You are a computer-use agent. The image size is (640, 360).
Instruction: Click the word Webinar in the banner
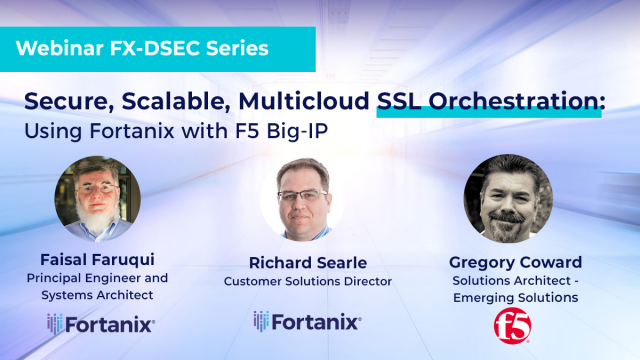pos(61,47)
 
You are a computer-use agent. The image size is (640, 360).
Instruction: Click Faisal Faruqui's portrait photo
pos(97,194)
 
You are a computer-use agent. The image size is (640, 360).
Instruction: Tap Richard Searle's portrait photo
pos(302,198)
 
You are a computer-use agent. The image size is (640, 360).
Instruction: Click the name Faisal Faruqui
pos(98,259)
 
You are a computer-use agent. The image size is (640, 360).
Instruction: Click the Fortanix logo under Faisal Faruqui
pos(101,323)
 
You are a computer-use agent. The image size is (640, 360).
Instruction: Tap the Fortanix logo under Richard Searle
pos(306,321)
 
